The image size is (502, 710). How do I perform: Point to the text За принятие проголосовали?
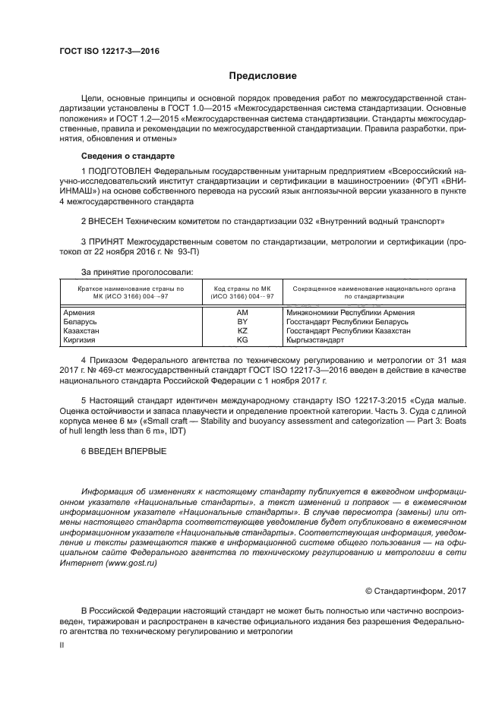click(137, 271)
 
